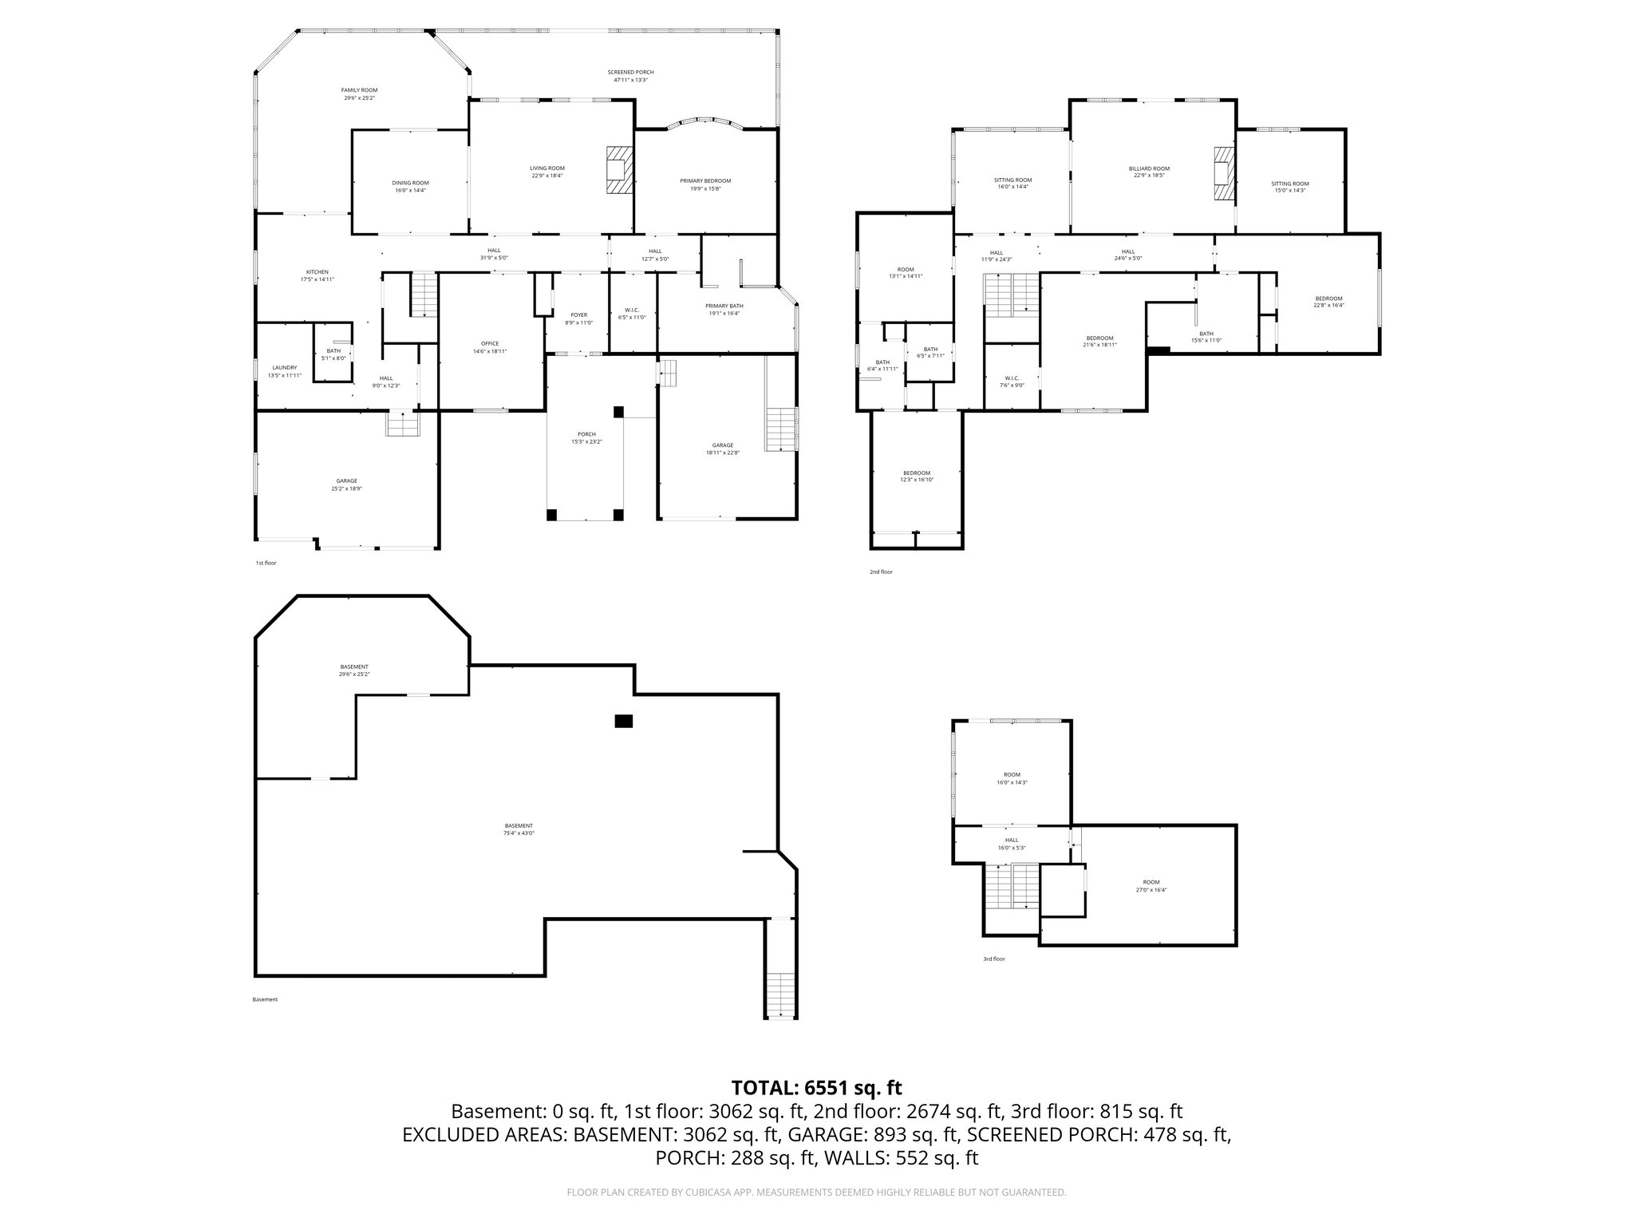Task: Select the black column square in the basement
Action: pyautogui.click(x=623, y=721)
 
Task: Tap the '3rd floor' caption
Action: pyautogui.click(x=993, y=959)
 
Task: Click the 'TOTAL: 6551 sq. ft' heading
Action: pyautogui.click(x=816, y=1087)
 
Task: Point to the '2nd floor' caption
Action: pyautogui.click(x=881, y=571)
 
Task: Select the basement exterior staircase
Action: pyautogui.click(x=781, y=995)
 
